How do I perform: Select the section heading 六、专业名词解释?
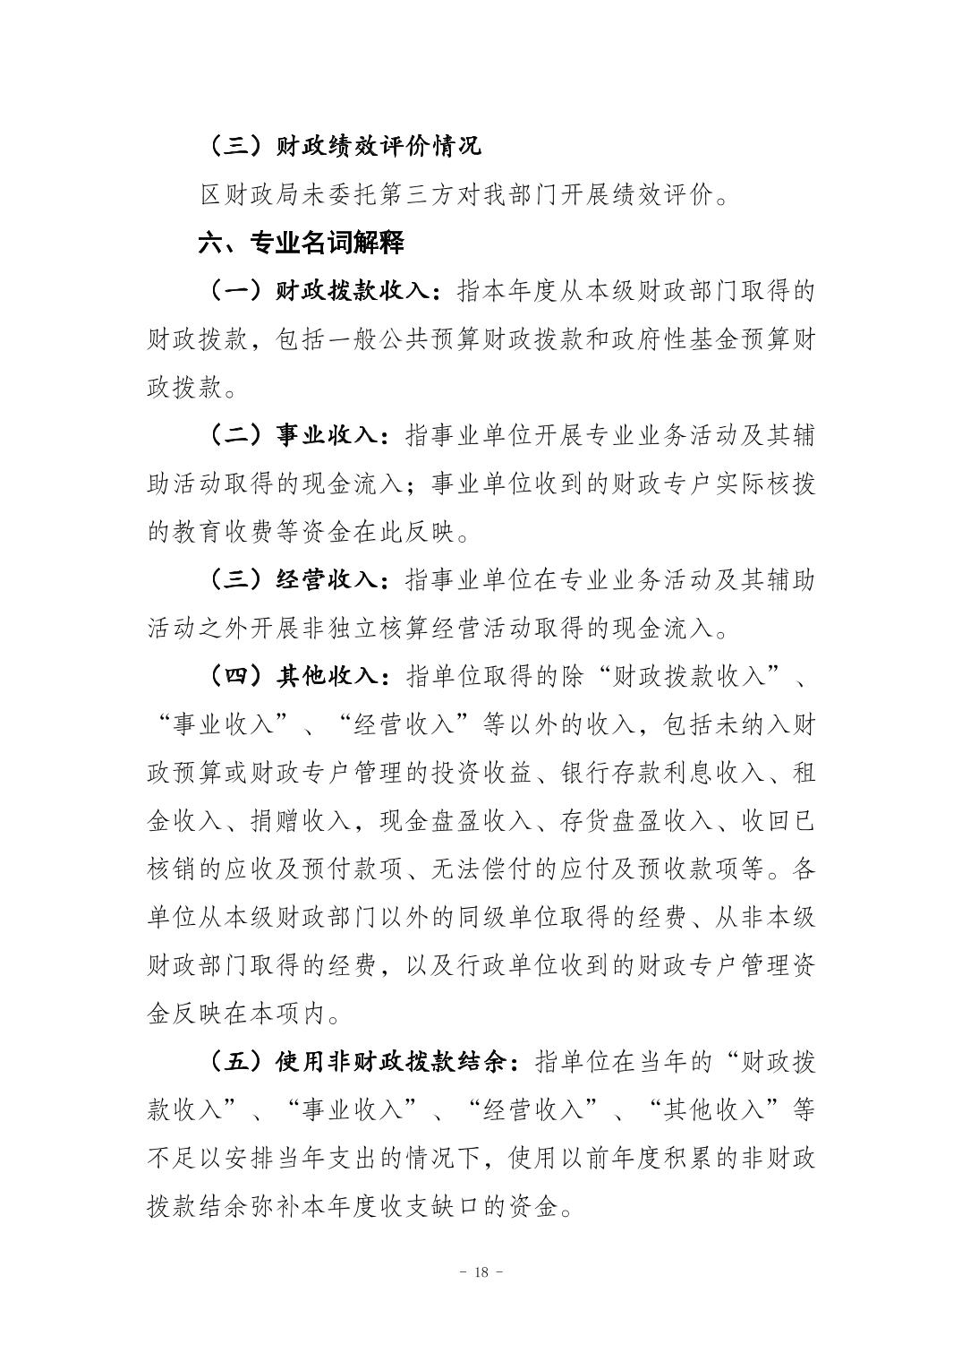pyautogui.click(x=301, y=242)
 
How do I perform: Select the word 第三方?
pyautogui.click(x=455, y=193)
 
